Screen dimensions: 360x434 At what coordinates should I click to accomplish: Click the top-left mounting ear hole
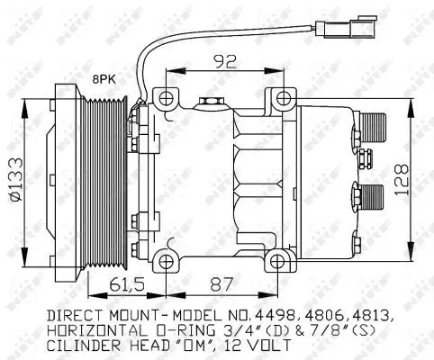(163, 95)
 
